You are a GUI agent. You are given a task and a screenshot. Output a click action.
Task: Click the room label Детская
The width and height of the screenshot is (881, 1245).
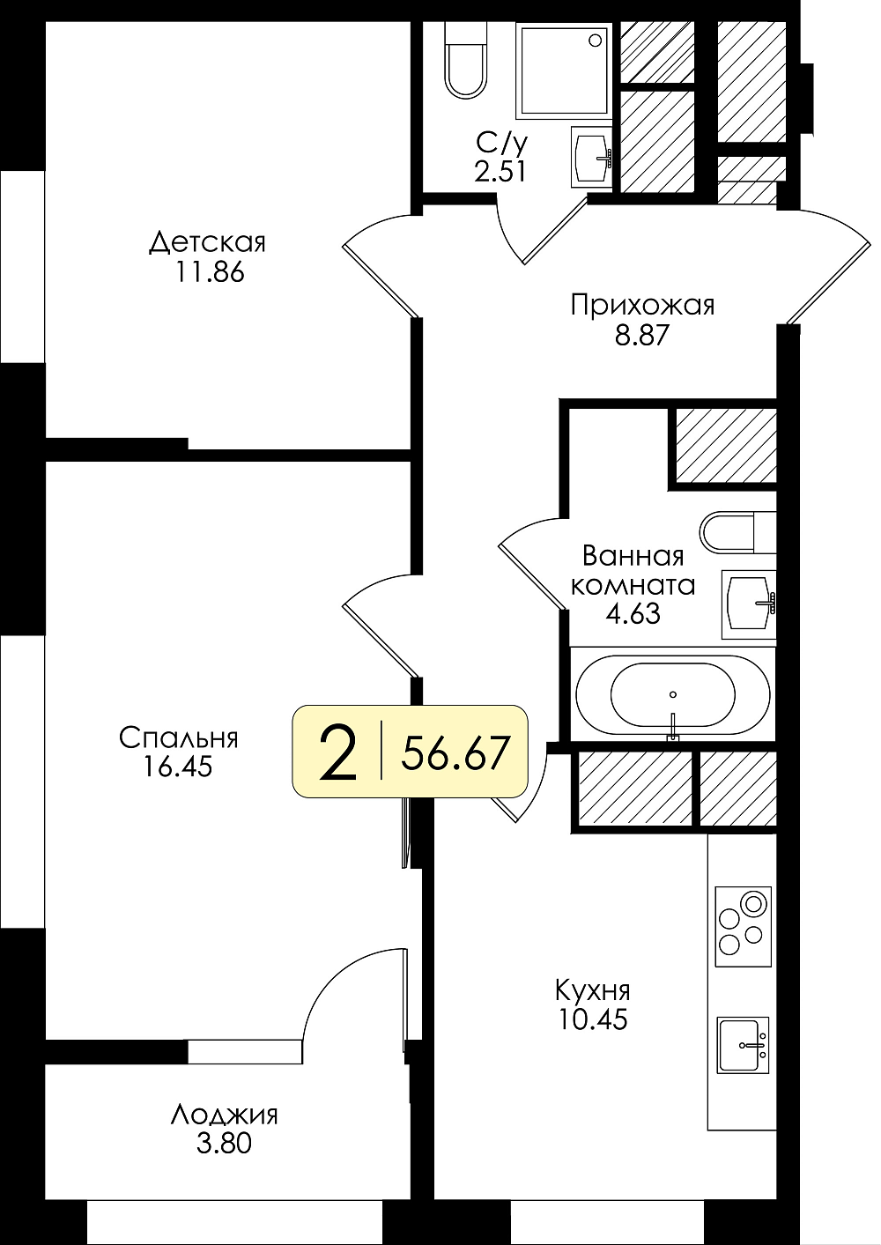click(x=207, y=243)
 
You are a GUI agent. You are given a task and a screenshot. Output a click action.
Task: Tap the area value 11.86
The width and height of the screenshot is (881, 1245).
click(x=210, y=272)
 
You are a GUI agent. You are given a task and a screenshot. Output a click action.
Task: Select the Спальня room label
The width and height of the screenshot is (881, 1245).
click(x=179, y=738)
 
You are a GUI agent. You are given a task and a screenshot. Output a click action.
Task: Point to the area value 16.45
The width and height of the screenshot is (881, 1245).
click(x=178, y=767)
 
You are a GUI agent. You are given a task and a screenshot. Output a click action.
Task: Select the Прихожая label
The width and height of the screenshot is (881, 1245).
click(x=642, y=306)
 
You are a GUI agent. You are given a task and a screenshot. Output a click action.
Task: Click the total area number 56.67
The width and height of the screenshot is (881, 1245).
click(x=455, y=752)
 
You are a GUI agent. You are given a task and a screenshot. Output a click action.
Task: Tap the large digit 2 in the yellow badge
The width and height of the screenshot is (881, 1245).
click(x=338, y=752)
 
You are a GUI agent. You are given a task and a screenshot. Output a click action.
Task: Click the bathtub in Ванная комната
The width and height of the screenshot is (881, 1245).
click(x=673, y=693)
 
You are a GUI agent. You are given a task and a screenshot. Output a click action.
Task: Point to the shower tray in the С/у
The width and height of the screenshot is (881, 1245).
click(x=564, y=70)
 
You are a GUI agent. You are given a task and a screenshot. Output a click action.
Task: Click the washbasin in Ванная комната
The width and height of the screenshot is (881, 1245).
click(x=748, y=604)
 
